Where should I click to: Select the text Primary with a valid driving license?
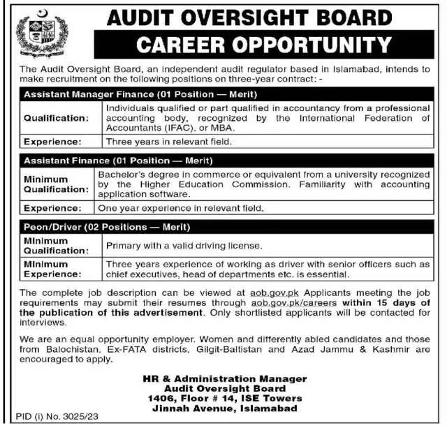click(184, 246)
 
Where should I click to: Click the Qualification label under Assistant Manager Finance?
click(57, 118)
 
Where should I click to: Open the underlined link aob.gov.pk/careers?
click(294, 304)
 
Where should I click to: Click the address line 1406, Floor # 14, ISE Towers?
click(221, 397)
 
